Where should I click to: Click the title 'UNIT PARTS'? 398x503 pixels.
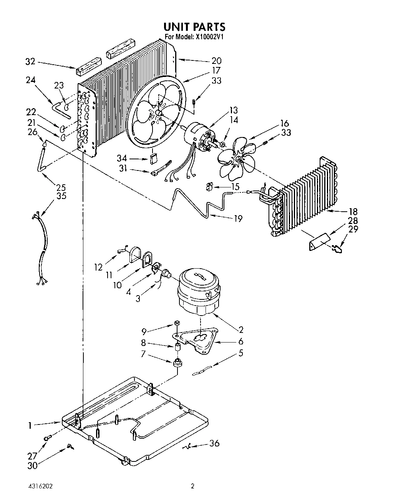coord(194,27)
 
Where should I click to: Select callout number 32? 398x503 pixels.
coord(30,61)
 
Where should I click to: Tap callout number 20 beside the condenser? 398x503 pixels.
coord(216,60)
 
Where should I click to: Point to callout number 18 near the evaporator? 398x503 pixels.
coord(353,211)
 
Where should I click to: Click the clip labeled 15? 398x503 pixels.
coord(209,187)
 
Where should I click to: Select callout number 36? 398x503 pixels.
coord(214,443)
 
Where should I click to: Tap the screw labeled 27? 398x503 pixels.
coord(47,438)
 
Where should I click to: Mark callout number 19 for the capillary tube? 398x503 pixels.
coord(238,218)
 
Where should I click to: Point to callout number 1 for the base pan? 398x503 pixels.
coord(29,425)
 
